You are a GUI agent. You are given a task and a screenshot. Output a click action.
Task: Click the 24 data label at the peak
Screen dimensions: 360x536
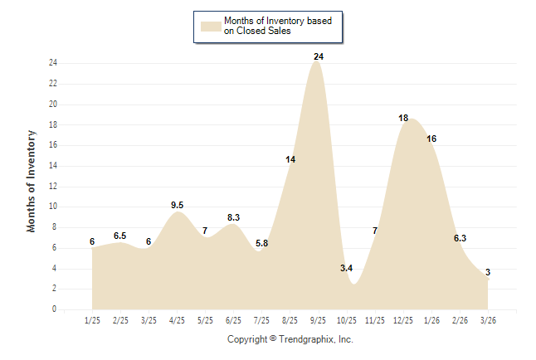pos(318,56)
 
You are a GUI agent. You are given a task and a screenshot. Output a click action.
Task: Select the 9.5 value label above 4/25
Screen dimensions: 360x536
pos(177,205)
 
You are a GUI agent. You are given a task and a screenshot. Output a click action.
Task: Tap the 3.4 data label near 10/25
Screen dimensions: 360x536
pos(347,268)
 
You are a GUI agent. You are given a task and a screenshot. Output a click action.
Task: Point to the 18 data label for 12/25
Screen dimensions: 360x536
pos(403,118)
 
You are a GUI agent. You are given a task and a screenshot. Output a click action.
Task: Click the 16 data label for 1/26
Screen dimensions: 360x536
pos(431,139)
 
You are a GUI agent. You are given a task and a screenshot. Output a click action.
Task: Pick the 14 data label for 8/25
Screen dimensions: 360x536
pos(290,159)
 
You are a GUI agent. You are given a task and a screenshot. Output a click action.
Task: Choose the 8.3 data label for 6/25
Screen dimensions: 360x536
pos(233,217)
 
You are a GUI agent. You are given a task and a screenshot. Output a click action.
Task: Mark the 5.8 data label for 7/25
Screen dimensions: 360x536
pos(261,243)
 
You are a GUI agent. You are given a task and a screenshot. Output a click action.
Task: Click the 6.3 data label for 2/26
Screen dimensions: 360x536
pos(460,238)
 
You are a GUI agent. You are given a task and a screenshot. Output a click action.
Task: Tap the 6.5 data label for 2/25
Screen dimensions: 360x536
pos(120,236)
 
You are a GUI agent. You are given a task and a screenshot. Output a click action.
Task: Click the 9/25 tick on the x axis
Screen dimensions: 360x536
pos(318,319)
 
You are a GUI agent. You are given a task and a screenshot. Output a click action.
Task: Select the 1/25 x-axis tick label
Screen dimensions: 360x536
pos(92,319)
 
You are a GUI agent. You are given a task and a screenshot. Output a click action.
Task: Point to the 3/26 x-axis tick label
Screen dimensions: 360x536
pos(488,319)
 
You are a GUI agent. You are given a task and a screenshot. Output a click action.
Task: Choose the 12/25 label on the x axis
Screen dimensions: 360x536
pos(403,319)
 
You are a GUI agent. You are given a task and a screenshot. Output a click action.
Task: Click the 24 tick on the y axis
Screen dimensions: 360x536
pos(52,63)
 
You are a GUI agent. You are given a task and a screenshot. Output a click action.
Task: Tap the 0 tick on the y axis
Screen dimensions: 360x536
pos(54,309)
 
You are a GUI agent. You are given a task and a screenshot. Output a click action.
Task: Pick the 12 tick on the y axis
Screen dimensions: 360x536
pos(52,186)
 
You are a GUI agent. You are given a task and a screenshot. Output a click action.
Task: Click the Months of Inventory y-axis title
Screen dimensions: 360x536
pos(32,180)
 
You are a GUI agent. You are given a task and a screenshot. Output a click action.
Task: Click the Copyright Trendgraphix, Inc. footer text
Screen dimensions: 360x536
pos(290,339)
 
